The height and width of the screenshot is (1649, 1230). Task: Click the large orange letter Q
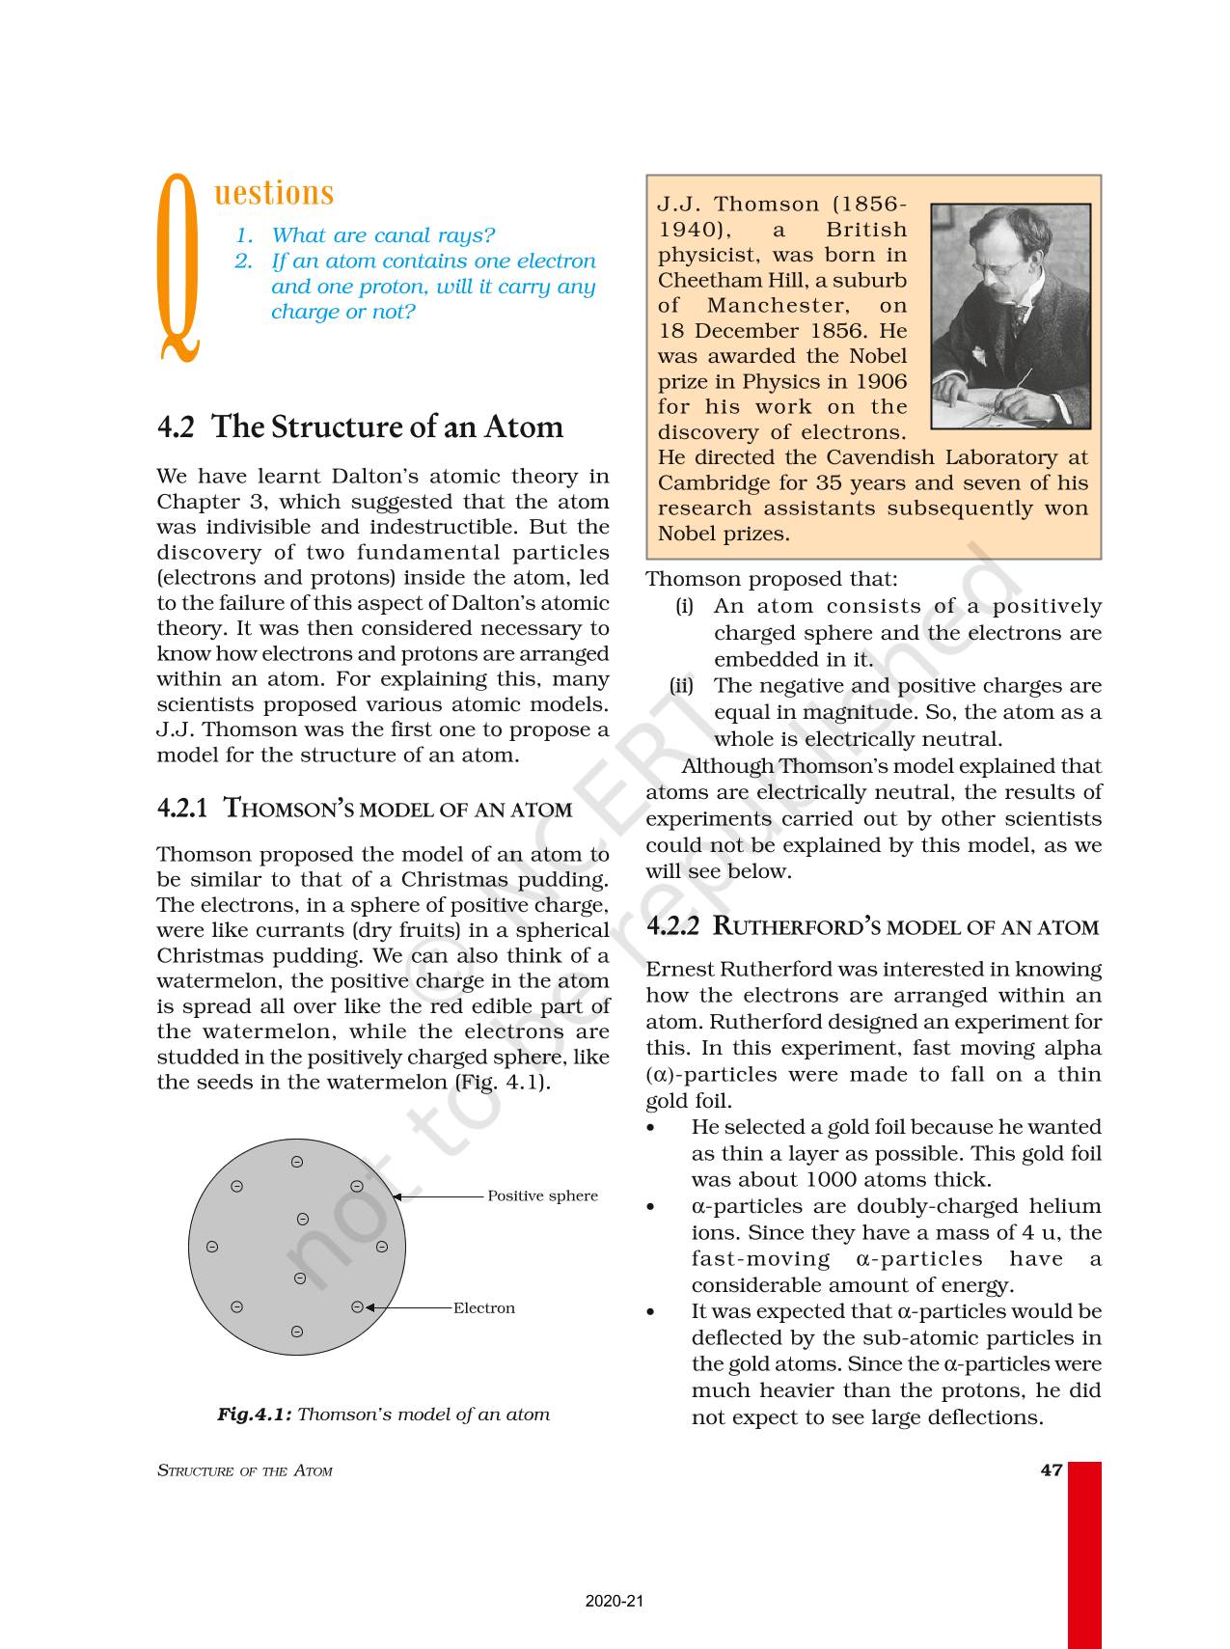tap(178, 270)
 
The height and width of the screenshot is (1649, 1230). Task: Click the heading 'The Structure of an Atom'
tap(386, 426)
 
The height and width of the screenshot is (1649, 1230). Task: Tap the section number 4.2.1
tap(182, 809)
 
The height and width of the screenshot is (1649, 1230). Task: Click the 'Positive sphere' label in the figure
tap(542, 1196)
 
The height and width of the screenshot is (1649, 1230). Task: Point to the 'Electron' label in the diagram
tap(484, 1308)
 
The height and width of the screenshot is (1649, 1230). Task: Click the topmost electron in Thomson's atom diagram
tap(297, 1162)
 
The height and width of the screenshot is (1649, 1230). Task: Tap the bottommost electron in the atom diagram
tap(297, 1333)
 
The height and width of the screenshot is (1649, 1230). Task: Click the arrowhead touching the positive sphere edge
tap(396, 1196)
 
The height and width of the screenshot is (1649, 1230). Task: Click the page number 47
tap(1052, 1470)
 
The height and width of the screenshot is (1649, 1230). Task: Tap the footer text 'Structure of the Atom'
tap(245, 1471)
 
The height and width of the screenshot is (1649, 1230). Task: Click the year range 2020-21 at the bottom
tap(615, 1601)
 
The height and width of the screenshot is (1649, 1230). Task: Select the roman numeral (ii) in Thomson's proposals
tap(682, 686)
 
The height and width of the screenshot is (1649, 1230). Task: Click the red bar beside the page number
tap(1084, 1553)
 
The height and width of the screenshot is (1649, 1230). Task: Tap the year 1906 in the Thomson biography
tap(880, 381)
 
